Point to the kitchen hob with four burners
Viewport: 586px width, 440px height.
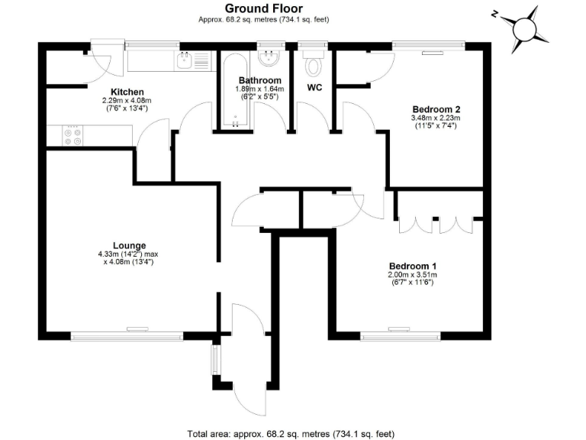[73, 136]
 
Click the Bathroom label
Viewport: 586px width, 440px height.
[260, 80]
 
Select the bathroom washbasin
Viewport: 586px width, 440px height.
[269, 59]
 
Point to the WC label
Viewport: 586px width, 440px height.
[314, 88]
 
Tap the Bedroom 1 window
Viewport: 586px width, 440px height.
[401, 334]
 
